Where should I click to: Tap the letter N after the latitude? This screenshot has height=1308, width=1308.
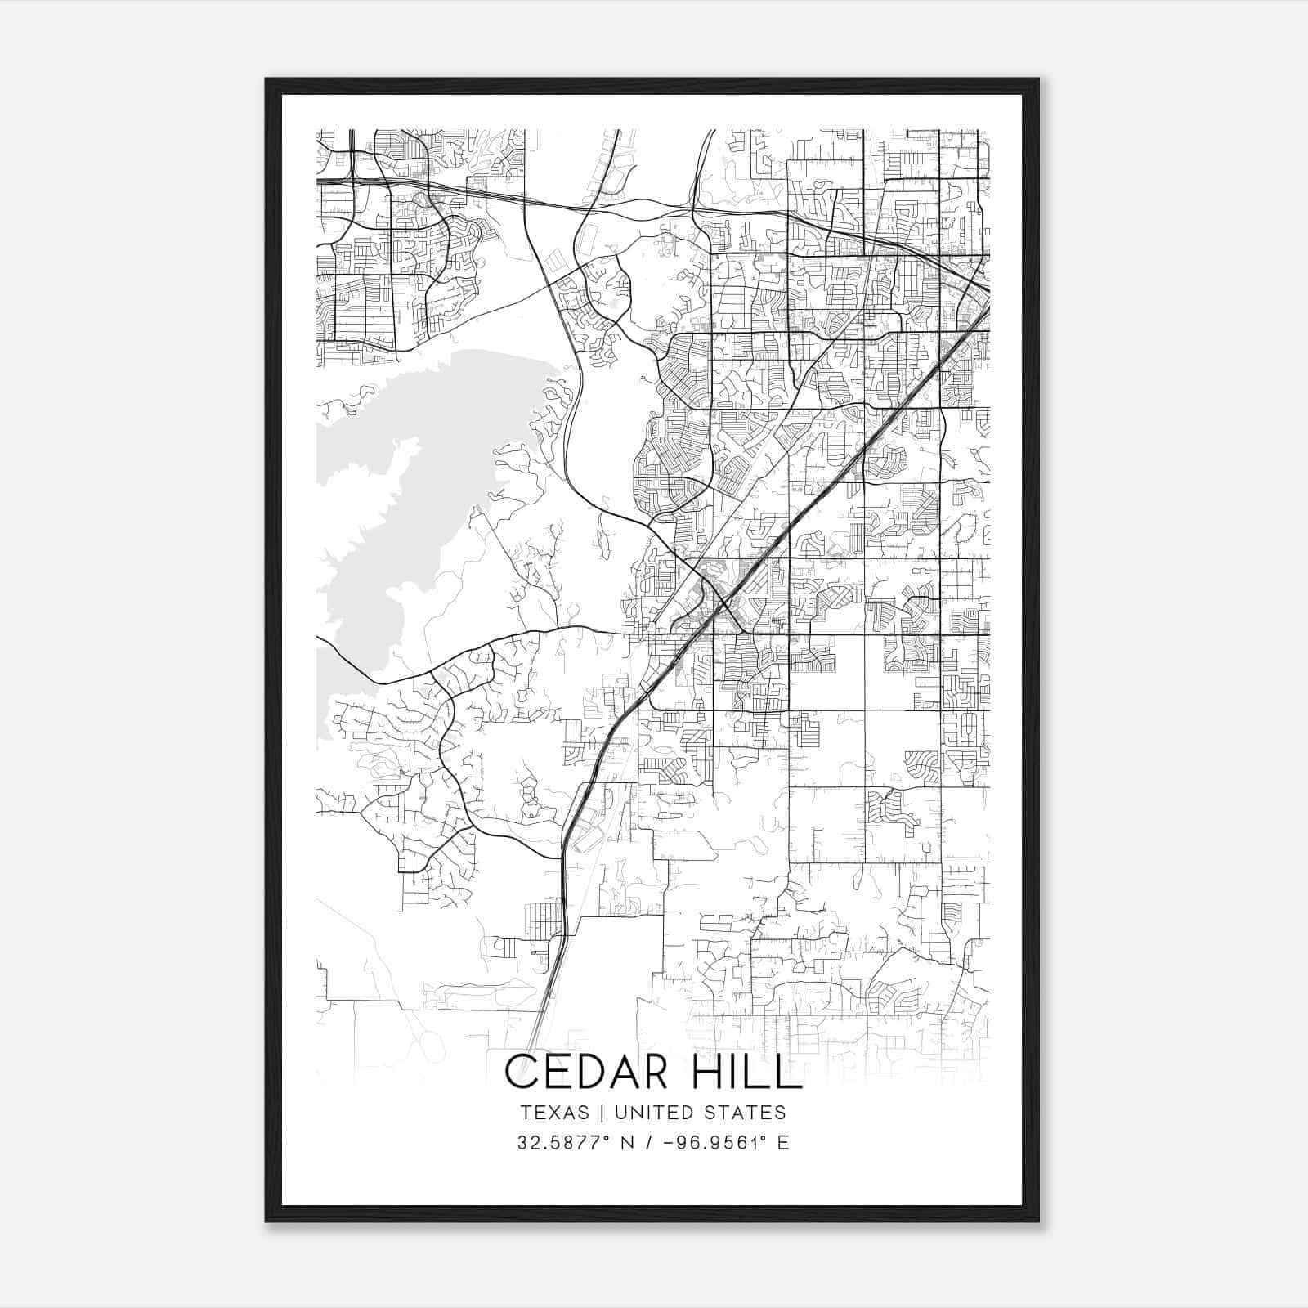[x=629, y=1143]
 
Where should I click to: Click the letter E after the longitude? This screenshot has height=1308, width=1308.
[x=783, y=1143]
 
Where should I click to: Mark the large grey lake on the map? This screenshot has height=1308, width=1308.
[x=409, y=490]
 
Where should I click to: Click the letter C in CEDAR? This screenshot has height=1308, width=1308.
[x=521, y=1072]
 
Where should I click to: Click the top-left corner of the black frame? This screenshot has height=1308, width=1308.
[x=267, y=79]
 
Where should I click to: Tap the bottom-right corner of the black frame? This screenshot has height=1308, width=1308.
[x=1038, y=1221]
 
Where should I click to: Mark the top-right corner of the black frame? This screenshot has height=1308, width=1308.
[x=1038, y=79]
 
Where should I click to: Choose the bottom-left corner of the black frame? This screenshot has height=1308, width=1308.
[x=267, y=1221]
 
